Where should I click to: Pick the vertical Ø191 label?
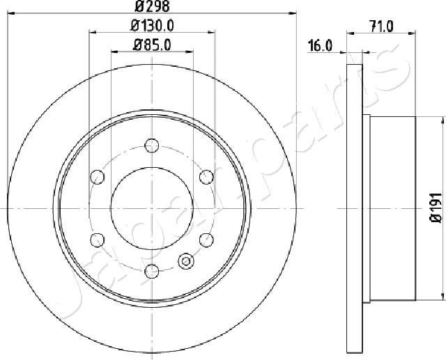433,208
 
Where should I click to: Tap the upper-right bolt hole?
206,177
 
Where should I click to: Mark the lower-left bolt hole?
97,240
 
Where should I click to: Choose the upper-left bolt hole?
97,177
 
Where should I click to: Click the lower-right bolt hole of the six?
206,240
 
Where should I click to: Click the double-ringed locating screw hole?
186,261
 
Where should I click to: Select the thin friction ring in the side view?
355,208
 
